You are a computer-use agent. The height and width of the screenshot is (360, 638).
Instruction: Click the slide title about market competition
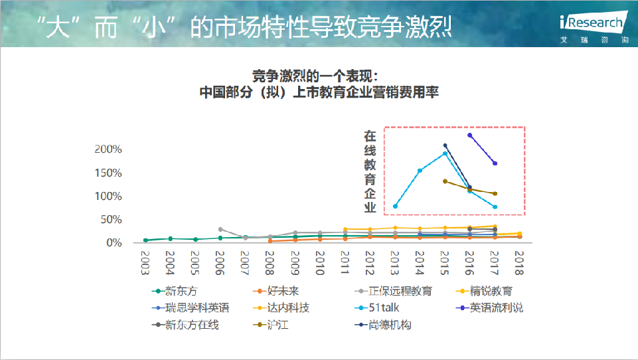pyautogui.click(x=242, y=27)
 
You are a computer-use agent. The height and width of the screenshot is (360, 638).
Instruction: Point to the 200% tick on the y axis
pyautogui.click(x=109, y=149)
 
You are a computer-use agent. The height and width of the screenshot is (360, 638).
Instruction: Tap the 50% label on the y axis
pyautogui.click(x=112, y=220)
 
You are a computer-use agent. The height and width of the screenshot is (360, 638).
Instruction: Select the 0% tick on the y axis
pyautogui.click(x=114, y=243)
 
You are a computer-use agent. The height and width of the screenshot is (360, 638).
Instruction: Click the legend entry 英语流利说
pyautogui.click(x=496, y=308)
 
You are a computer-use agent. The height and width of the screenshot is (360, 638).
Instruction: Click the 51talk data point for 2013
pyautogui.click(x=395, y=206)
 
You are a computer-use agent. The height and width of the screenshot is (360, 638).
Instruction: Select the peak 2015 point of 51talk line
pyautogui.click(x=445, y=153)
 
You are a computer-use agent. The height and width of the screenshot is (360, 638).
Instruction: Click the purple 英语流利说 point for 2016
pyautogui.click(x=470, y=135)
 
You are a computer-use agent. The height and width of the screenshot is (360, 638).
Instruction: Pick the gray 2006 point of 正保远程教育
pyautogui.click(x=220, y=229)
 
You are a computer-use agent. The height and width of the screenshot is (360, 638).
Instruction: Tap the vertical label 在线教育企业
pyautogui.click(x=370, y=171)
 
